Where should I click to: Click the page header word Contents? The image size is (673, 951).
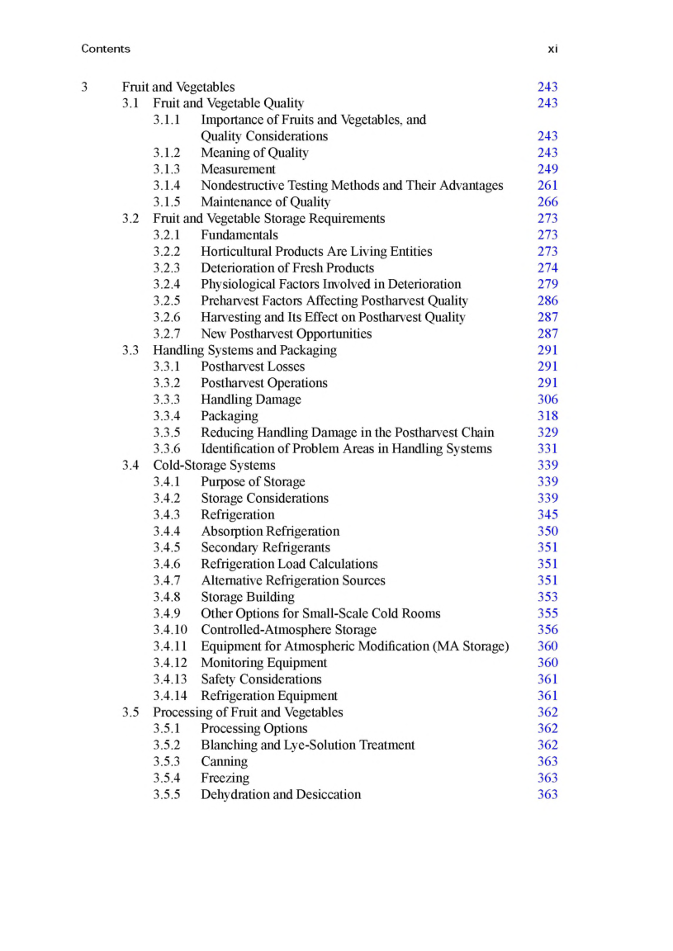tap(106, 49)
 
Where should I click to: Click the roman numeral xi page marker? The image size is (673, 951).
tap(552, 49)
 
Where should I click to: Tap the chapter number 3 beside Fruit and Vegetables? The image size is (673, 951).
tap(85, 87)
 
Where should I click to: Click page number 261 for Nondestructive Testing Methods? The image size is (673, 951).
tap(547, 186)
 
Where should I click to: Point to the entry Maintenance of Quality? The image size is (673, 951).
tap(265, 202)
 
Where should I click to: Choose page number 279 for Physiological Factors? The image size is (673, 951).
tap(547, 284)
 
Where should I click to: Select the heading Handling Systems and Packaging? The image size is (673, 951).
tap(244, 350)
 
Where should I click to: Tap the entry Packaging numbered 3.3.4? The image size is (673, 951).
tap(229, 416)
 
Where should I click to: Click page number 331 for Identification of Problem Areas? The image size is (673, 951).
tap(547, 449)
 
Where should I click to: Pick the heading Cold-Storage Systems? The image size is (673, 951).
tap(214, 466)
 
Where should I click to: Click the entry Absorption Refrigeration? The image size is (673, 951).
tap(270, 532)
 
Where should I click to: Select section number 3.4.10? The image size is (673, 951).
tap(170, 630)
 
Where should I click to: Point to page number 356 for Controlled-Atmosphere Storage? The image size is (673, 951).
tap(547, 630)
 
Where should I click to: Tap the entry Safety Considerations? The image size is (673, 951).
tap(261, 679)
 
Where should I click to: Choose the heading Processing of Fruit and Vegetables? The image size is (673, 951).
tap(248, 712)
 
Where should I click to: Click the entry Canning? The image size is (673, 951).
tap(224, 762)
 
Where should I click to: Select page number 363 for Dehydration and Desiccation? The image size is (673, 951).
tap(547, 795)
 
